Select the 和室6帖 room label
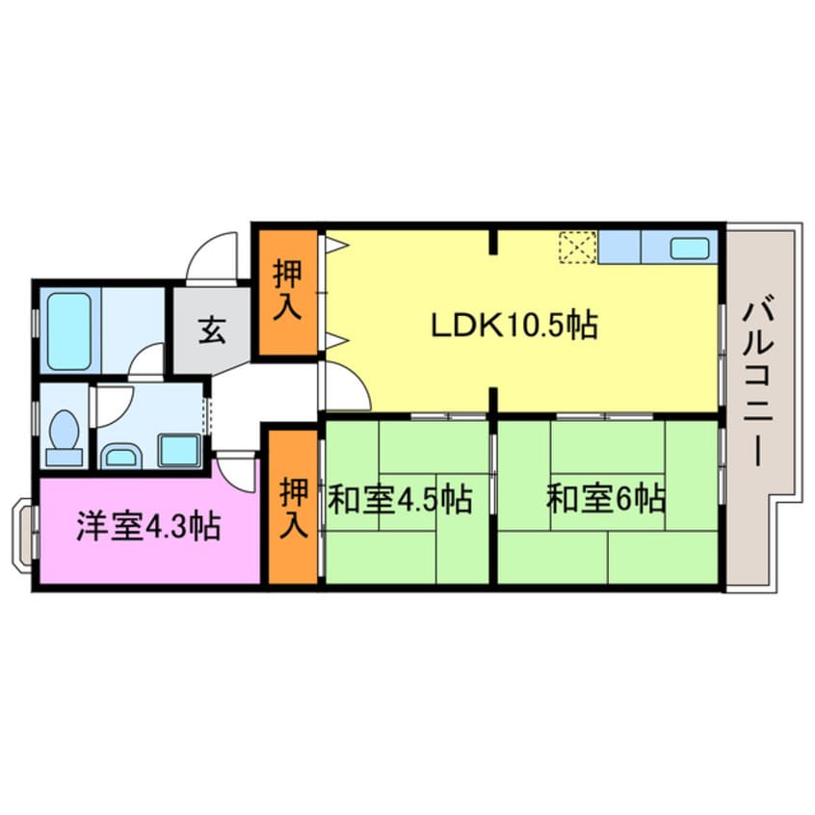(x=605, y=500)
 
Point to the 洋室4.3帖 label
(x=148, y=526)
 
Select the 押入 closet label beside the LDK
(x=288, y=290)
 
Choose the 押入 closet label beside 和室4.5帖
(x=294, y=510)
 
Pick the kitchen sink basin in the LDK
(x=690, y=248)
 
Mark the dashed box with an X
(x=578, y=248)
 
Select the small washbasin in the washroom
(x=120, y=454)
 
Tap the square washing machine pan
(x=178, y=450)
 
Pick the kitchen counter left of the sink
(x=618, y=248)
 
